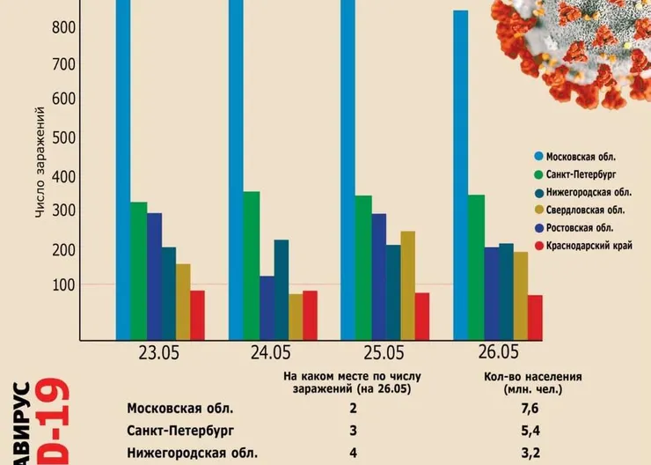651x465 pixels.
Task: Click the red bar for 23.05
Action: (197, 314)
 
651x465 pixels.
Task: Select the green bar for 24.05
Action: (252, 265)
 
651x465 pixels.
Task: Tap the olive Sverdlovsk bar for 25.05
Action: (407, 284)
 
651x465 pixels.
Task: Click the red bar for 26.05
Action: (535, 317)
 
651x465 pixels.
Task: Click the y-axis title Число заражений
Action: (40, 163)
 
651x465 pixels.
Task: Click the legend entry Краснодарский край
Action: (589, 245)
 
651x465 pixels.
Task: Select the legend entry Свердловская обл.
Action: (585, 210)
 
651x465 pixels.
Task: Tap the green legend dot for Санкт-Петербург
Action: (538, 174)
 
